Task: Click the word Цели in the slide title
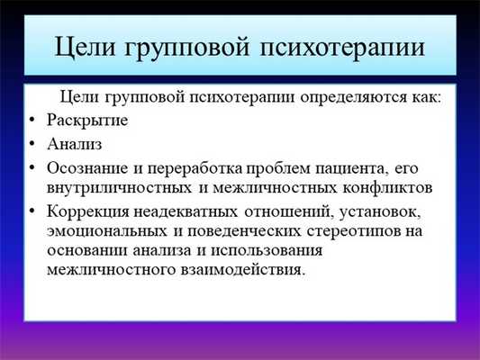click(88, 45)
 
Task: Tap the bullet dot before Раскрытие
click(33, 120)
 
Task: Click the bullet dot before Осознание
click(33, 166)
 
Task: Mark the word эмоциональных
click(103, 231)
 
